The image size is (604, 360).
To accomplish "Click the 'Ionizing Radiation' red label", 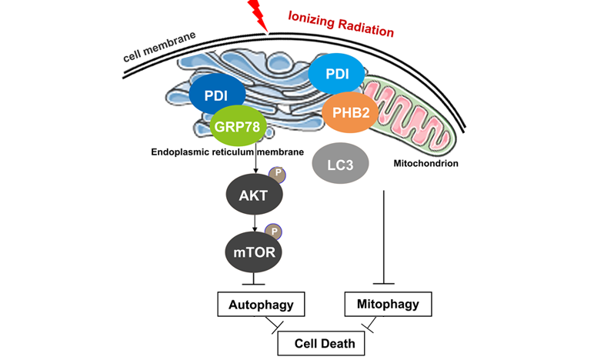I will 340,24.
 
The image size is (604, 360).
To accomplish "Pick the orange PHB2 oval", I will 349,114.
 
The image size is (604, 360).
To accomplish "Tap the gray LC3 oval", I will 341,164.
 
